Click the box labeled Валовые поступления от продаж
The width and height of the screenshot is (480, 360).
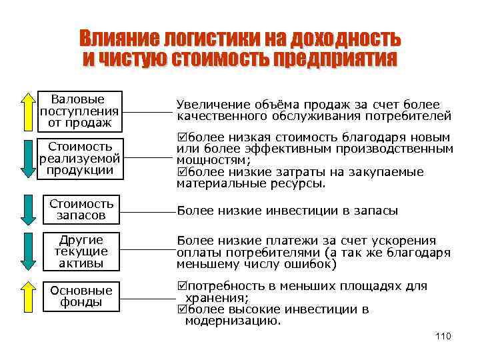click(x=80, y=110)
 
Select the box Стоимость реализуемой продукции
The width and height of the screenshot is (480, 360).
click(x=80, y=158)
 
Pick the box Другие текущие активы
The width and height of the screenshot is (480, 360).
click(x=81, y=251)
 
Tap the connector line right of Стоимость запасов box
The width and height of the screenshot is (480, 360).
click(x=147, y=211)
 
